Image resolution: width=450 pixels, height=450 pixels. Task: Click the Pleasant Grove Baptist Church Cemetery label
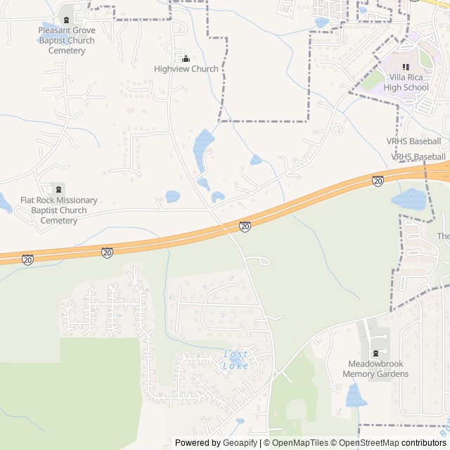click(67, 41)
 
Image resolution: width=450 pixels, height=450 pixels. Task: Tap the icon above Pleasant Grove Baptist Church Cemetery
click(67, 18)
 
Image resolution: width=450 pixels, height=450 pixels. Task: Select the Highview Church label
click(186, 69)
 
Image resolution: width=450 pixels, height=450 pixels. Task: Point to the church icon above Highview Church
click(186, 58)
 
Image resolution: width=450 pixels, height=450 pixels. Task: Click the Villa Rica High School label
click(406, 82)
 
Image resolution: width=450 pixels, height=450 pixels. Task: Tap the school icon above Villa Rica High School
click(406, 67)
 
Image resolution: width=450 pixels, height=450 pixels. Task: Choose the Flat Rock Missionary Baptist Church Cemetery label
click(59, 210)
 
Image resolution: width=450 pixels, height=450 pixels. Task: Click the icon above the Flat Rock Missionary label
click(59, 188)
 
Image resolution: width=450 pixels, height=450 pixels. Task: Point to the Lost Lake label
click(236, 359)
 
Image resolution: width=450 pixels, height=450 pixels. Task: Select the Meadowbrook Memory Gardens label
click(375, 369)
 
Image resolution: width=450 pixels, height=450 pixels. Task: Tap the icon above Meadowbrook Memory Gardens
click(375, 353)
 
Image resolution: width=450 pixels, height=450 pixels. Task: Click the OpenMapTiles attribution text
click(299, 443)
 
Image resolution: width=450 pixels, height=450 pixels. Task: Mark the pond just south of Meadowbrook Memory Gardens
click(356, 396)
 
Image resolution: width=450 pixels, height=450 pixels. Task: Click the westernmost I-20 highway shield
click(27, 260)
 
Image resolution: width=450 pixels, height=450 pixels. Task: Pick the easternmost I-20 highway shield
click(378, 181)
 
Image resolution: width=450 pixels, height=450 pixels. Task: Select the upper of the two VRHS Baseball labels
click(414, 141)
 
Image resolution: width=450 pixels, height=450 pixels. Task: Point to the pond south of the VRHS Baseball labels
click(409, 200)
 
